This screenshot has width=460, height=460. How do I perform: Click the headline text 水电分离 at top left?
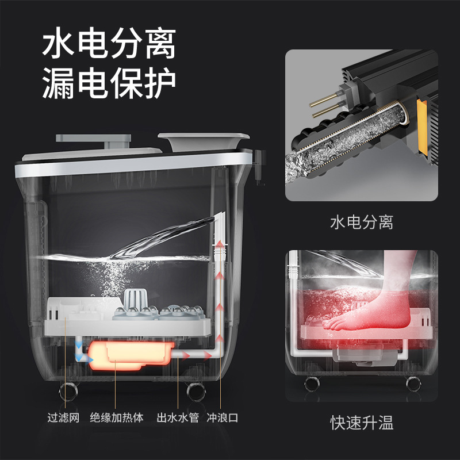click(x=109, y=43)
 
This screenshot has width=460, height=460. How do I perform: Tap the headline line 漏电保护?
click(x=109, y=83)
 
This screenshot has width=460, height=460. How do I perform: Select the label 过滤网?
click(x=63, y=417)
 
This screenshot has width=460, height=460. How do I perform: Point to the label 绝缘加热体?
click(x=117, y=417)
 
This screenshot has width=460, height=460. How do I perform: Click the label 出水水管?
click(x=178, y=417)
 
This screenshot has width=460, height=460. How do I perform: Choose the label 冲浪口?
click(x=223, y=417)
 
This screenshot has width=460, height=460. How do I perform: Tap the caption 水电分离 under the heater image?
click(x=362, y=222)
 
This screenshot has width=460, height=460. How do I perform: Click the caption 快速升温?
click(x=362, y=423)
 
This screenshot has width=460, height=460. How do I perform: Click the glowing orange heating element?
click(x=131, y=355)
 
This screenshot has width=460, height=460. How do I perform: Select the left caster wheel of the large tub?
click(x=68, y=392)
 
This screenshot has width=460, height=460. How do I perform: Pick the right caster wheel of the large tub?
click(x=196, y=392)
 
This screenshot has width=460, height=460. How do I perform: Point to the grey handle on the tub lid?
click(x=94, y=140)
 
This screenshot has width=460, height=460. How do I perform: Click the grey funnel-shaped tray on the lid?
click(x=204, y=142)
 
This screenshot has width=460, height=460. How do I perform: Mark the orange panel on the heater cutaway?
click(x=422, y=126)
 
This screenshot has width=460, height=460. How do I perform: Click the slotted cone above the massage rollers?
click(x=133, y=299)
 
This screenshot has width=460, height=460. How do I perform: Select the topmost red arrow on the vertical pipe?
click(x=220, y=245)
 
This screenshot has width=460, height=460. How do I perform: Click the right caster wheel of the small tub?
click(x=413, y=384)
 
